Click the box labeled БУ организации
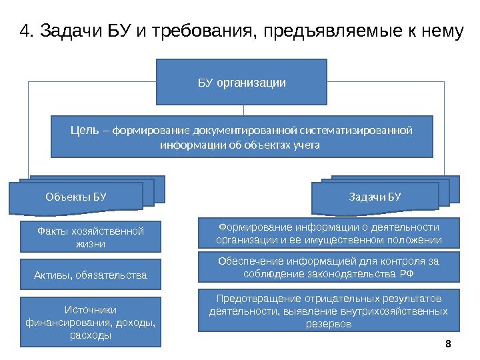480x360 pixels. click(x=241, y=82)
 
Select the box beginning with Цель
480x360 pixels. click(x=242, y=137)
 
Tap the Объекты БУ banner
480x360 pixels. click(x=76, y=197)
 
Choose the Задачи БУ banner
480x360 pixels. click(x=375, y=197)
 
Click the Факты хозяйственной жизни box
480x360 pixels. click(x=91, y=237)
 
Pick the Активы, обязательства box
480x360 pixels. click(x=91, y=274)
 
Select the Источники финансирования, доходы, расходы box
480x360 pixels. click(x=91, y=322)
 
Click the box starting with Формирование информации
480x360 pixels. click(x=329, y=233)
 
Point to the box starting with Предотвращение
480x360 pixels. click(x=329, y=310)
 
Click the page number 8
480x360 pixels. click(x=447, y=343)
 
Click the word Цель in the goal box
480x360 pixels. click(x=85, y=129)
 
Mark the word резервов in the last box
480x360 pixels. click(x=329, y=324)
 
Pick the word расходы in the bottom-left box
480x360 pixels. click(x=91, y=335)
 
